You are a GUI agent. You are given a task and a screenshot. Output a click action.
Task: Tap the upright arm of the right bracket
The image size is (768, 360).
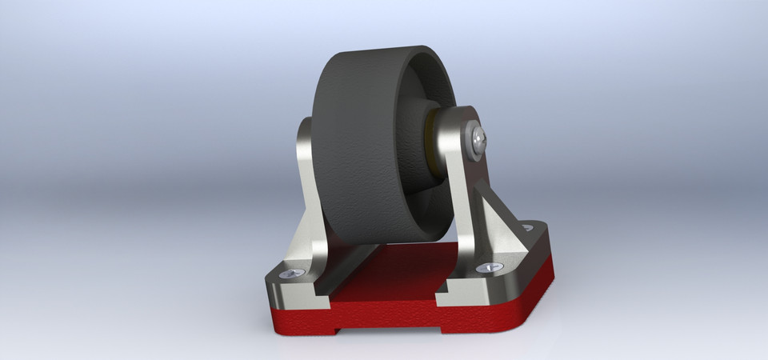pos(460,184)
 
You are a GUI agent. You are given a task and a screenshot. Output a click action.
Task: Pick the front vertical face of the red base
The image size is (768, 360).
pos(480,316)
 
